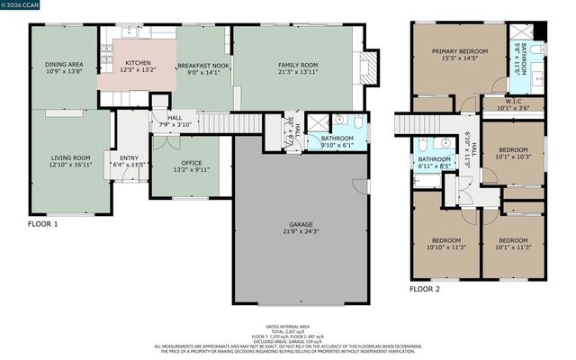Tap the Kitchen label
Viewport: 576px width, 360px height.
tap(138, 62)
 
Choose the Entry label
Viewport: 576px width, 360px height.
tap(129, 158)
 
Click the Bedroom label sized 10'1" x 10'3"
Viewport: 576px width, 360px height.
tap(513, 150)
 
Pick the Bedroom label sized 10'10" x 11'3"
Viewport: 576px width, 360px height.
tap(446, 241)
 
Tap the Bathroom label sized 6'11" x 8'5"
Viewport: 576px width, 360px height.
tap(434, 159)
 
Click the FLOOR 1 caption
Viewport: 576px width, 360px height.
tap(42, 223)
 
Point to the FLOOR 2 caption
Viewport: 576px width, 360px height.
tap(425, 289)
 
